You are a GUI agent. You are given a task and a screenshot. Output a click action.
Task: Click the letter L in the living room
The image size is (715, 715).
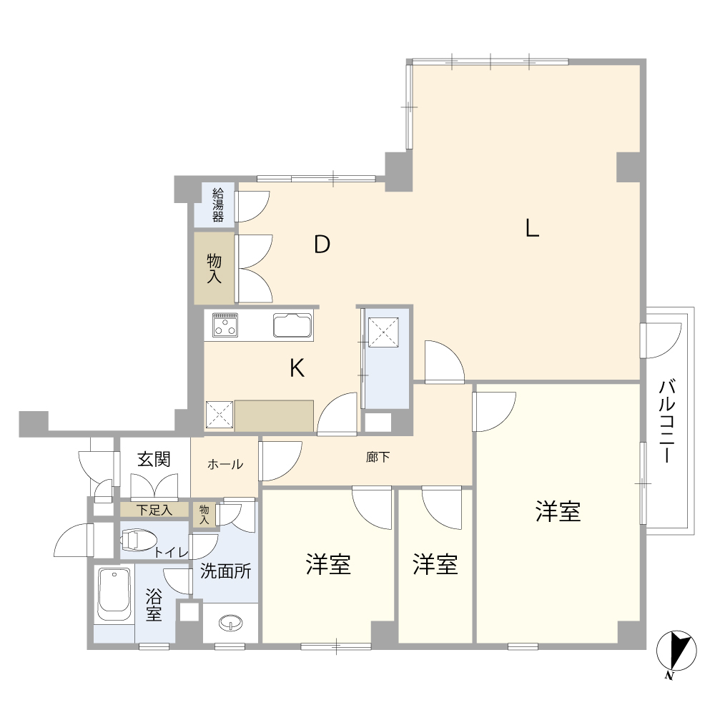(531, 228)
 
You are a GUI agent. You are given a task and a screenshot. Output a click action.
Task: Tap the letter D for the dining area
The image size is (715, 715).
(322, 245)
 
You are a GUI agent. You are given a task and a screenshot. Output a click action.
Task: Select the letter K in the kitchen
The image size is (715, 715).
(297, 368)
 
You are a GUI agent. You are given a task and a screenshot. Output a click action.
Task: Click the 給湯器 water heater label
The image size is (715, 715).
(218, 204)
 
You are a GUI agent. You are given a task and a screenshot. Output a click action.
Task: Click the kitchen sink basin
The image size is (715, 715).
(292, 326)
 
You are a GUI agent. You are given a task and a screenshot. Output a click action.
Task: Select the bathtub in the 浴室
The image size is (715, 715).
(113, 595)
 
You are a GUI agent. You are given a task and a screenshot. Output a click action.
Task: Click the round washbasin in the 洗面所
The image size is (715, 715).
(231, 623)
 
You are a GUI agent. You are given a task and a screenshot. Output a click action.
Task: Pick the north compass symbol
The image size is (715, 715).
(676, 652)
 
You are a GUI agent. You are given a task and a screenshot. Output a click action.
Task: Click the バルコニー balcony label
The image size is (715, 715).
(668, 422)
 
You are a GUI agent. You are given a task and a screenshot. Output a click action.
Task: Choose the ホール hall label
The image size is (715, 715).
(225, 465)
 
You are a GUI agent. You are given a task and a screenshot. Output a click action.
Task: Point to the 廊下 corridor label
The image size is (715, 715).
(378, 457)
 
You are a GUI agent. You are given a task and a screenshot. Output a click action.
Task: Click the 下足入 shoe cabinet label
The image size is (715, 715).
(154, 510)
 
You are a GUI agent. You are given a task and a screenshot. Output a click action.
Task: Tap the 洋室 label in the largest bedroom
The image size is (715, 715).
(558, 511)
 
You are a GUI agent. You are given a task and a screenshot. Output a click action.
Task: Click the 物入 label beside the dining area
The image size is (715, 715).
(214, 268)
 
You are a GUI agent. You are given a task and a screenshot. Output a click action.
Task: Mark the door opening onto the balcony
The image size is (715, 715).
(661, 340)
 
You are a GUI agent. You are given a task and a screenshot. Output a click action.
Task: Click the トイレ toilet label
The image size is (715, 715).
(171, 553)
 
